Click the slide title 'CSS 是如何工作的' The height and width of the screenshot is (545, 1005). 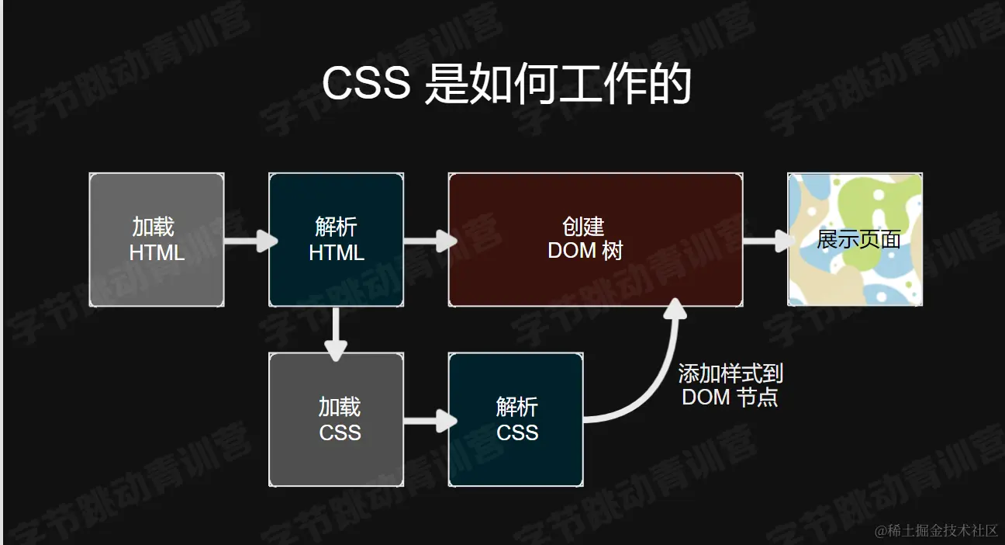506,84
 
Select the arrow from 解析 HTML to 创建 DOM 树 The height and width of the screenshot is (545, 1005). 429,241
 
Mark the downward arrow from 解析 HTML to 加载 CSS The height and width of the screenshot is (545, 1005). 335,334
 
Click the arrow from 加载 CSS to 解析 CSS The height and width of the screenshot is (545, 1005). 429,422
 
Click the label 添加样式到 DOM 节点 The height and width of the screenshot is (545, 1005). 730,386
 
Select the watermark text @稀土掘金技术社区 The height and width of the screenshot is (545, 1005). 936,530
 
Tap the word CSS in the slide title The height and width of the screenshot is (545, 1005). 366,84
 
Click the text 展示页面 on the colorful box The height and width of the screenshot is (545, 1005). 858,239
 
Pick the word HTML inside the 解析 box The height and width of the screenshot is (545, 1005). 337,253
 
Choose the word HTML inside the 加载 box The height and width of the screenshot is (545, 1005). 157,253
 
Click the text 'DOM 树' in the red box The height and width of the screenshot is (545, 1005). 585,251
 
